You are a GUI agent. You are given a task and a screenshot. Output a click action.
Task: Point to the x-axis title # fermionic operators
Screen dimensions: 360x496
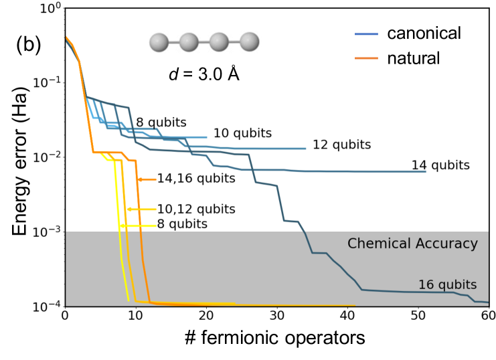276,337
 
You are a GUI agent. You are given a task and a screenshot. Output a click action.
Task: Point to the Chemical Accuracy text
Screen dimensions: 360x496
412,244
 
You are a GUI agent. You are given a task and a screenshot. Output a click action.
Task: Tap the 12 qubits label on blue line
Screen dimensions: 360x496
342,144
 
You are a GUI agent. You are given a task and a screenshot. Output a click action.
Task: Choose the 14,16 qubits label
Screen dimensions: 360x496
196,179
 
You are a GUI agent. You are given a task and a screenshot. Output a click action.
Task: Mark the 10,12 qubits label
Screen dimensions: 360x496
196,209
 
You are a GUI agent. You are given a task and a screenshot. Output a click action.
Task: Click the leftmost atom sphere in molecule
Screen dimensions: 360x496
159,42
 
